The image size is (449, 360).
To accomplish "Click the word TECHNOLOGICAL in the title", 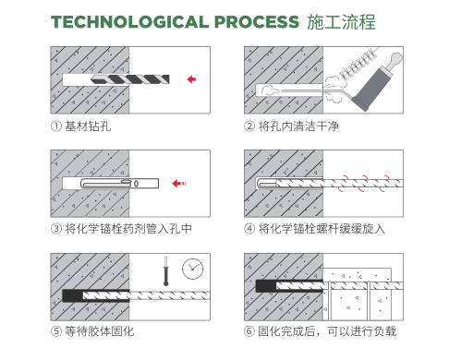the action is (x=129, y=22).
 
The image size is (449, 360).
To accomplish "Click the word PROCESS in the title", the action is (x=257, y=22).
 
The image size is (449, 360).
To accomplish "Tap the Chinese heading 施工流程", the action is (x=341, y=22).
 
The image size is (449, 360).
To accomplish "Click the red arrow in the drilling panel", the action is (x=191, y=79).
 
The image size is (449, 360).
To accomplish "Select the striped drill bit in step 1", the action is (x=130, y=79).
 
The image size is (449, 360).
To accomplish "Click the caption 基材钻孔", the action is (x=88, y=126).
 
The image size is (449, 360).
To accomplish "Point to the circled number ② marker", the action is (x=249, y=126).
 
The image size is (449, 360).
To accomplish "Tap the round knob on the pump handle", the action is (x=395, y=58).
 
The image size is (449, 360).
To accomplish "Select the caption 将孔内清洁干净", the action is (x=298, y=126).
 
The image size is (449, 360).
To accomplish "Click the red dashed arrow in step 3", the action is (x=179, y=184).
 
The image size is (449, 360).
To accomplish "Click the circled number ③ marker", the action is (x=56, y=229).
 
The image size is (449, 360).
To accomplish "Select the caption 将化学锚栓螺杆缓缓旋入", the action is (x=322, y=229).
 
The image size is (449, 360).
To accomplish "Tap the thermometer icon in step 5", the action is (x=165, y=270).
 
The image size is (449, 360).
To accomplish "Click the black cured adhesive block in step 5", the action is (x=73, y=295).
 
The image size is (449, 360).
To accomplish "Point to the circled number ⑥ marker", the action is (x=249, y=331).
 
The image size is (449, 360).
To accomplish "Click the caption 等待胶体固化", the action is (x=100, y=331).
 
